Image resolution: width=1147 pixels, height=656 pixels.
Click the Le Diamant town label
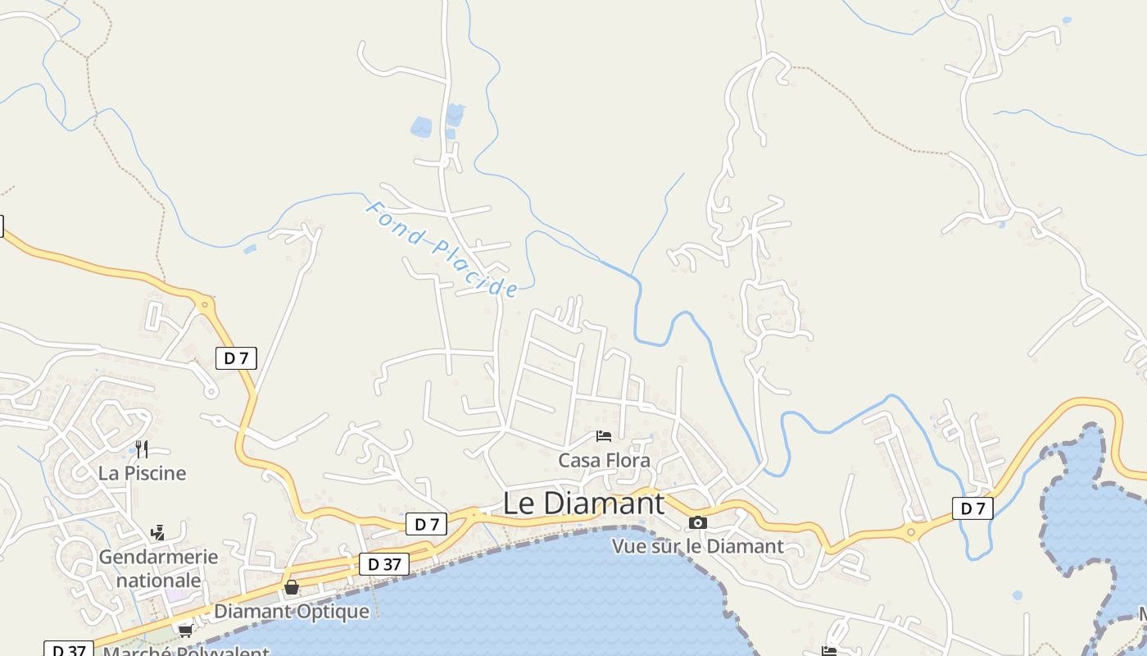pos(583,503)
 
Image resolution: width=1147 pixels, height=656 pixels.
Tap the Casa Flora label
pos(604,461)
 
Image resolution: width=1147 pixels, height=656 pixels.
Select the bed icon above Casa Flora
pos(604,436)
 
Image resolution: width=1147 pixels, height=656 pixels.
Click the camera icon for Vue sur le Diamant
pos(697,522)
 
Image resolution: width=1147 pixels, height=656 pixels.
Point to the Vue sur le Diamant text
pos(698,546)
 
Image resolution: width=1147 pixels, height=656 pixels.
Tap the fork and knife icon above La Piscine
pos(142,449)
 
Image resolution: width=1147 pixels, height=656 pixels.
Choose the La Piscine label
pos(142,473)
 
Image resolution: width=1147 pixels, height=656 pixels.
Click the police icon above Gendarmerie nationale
pos(157,533)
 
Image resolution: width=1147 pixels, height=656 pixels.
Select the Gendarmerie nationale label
pos(158,568)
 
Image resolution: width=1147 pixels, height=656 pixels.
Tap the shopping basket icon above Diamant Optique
pos(291,587)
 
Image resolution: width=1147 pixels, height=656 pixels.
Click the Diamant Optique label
pos(291,612)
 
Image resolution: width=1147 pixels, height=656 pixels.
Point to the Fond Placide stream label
pos(442,248)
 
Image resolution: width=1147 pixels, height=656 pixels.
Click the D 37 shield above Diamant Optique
pos(383,564)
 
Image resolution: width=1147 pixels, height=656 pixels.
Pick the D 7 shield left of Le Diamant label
pos(426,524)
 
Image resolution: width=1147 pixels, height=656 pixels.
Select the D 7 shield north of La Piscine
pos(236,358)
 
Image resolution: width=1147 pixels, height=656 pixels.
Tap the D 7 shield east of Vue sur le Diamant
pos(972,508)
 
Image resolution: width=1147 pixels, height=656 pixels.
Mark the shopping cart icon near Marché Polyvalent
pos(185,631)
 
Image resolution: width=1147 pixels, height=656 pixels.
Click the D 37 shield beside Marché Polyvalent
pos(69,650)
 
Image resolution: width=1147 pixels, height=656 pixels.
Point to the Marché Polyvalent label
pos(186,651)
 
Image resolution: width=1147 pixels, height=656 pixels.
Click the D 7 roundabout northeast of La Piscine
pos(204,305)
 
